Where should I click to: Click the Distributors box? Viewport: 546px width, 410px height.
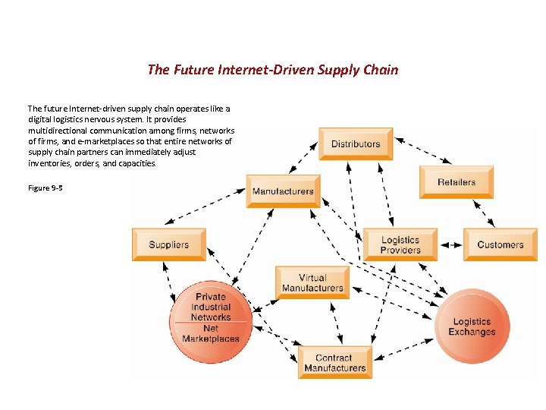click(x=356, y=143)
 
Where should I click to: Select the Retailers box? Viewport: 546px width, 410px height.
click(x=457, y=182)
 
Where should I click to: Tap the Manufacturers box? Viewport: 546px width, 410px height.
click(x=283, y=191)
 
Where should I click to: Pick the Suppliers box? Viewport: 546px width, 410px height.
click(x=168, y=244)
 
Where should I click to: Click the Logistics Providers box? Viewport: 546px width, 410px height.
click(x=400, y=244)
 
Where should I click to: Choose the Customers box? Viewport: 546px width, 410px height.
click(x=500, y=244)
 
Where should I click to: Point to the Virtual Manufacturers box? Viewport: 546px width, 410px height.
click(x=312, y=283)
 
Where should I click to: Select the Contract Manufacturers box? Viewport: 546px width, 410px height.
click(x=334, y=363)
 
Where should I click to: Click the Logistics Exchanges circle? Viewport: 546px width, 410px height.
click(x=472, y=326)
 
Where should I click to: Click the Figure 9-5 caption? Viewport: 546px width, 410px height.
click(x=45, y=188)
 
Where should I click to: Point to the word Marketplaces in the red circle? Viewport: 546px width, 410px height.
click(x=211, y=339)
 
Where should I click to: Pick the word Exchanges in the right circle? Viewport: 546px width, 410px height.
click(x=472, y=333)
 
